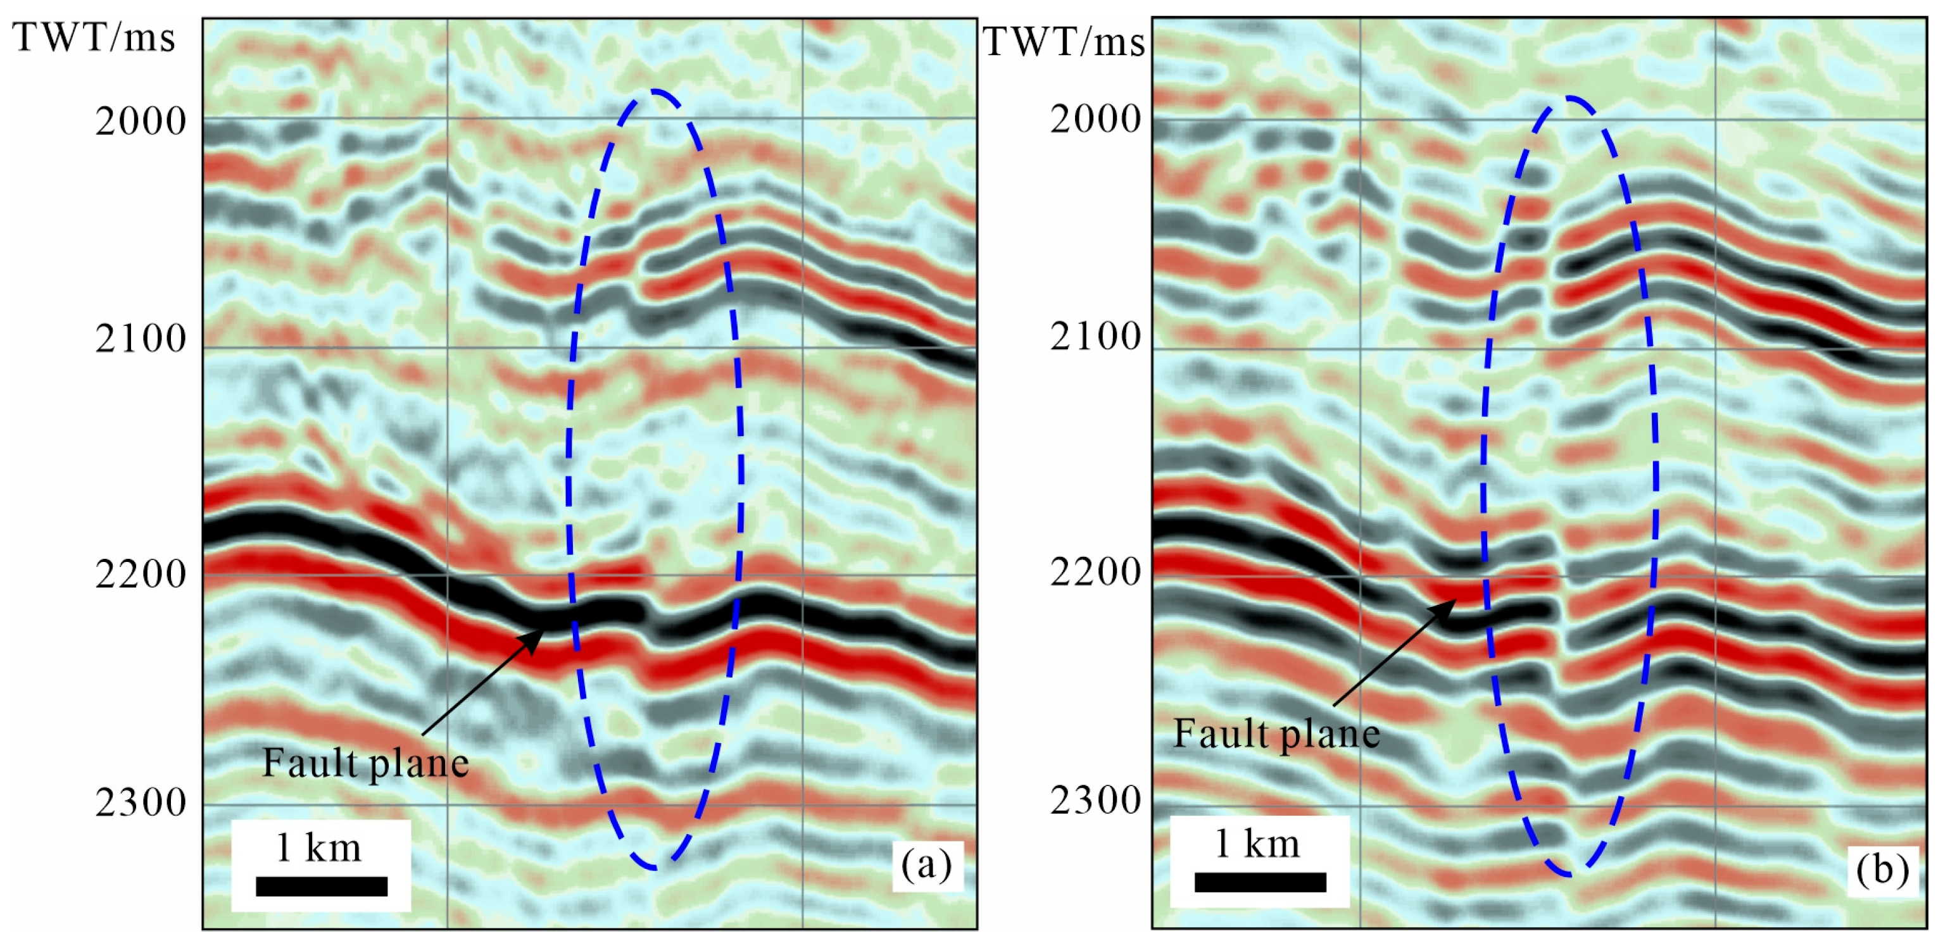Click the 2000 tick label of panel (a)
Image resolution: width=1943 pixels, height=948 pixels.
pyautogui.click(x=141, y=121)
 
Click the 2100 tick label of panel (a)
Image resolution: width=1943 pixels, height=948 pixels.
pyautogui.click(x=141, y=339)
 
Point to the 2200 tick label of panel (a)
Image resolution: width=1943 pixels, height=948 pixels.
pyautogui.click(x=141, y=575)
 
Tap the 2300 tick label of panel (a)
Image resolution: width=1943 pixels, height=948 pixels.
pyautogui.click(x=141, y=802)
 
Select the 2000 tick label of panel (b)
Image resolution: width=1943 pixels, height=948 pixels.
pyautogui.click(x=1095, y=119)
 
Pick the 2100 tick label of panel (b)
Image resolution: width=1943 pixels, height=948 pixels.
pyautogui.click(x=1095, y=337)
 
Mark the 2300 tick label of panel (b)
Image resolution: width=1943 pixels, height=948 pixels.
pyautogui.click(x=1095, y=800)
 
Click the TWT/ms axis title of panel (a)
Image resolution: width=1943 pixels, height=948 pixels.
pyautogui.click(x=94, y=38)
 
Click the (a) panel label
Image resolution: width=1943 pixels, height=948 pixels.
pyautogui.click(x=927, y=864)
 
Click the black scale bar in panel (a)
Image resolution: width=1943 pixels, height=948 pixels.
pyautogui.click(x=322, y=886)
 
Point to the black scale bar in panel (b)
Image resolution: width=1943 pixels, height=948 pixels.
pyautogui.click(x=1260, y=882)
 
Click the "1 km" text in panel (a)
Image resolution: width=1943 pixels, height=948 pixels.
pyautogui.click(x=318, y=848)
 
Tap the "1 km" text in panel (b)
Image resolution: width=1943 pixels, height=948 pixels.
pyautogui.click(x=1257, y=844)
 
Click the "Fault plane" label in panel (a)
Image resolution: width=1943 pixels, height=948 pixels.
pyautogui.click(x=365, y=763)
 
